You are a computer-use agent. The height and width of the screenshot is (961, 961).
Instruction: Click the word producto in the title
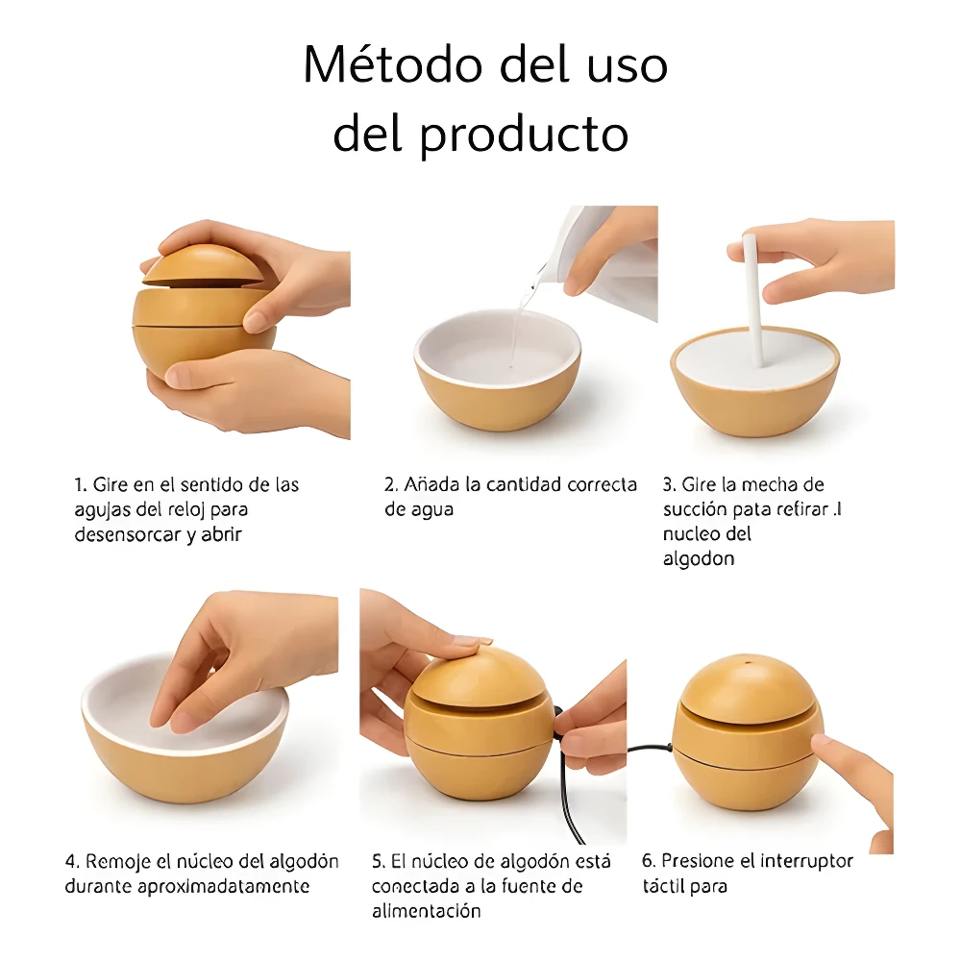click(524, 135)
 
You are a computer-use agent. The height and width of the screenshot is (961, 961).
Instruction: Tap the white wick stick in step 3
click(752, 298)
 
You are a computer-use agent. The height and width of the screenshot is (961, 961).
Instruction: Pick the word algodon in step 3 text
click(699, 559)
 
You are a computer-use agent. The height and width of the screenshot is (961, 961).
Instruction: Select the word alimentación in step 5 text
click(427, 911)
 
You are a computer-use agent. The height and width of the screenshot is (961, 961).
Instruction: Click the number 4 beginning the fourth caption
click(70, 861)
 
